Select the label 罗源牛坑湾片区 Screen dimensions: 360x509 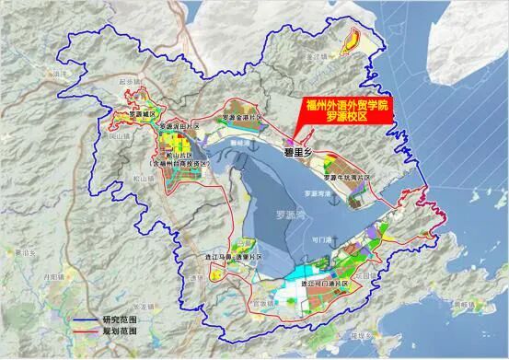[351, 176]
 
